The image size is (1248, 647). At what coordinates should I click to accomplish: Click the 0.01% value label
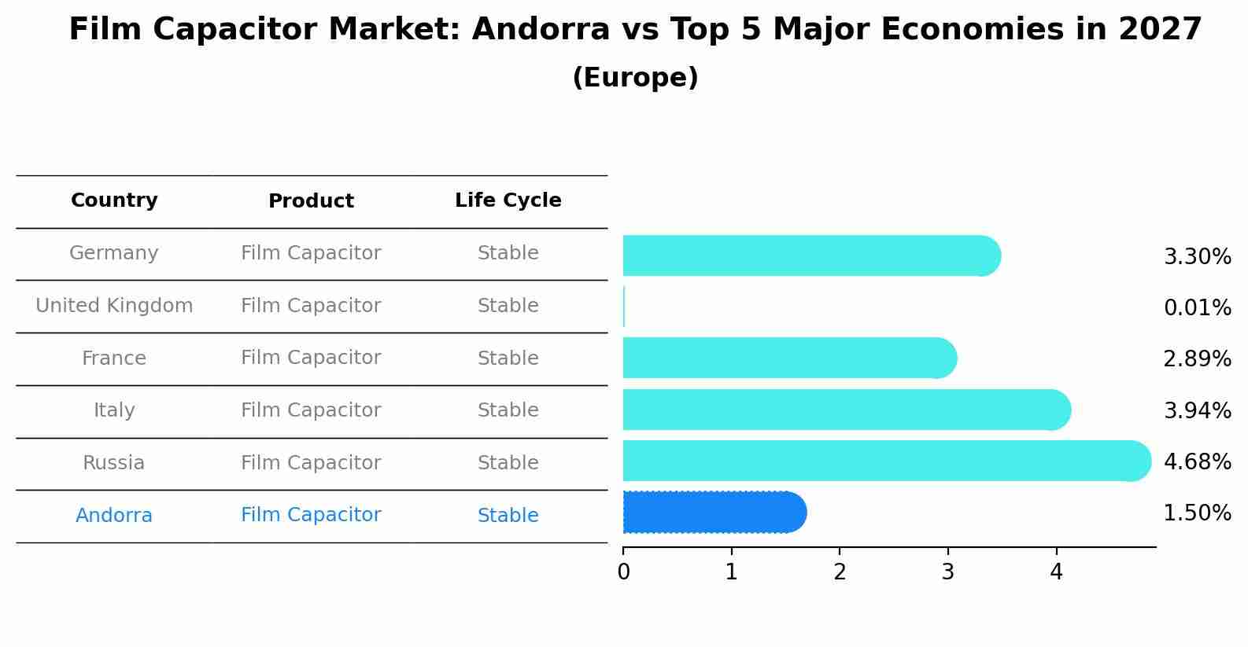(x=1197, y=308)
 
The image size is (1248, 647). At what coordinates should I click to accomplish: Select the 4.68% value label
(x=1197, y=461)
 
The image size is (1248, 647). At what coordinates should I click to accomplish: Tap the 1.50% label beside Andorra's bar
(x=1197, y=513)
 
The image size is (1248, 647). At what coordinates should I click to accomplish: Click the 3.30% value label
(x=1197, y=257)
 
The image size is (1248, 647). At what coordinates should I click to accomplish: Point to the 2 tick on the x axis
(x=840, y=572)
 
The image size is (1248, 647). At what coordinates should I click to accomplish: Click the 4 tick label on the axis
(x=1056, y=572)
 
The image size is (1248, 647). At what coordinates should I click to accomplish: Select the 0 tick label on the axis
(x=623, y=572)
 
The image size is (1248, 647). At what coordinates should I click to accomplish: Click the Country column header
(x=114, y=200)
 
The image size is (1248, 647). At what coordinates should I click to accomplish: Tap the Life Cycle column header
(x=508, y=200)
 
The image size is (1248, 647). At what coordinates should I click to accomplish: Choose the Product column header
(x=311, y=201)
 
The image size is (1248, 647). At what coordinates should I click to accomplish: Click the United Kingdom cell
(x=114, y=306)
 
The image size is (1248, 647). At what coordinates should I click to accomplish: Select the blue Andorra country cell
(x=114, y=516)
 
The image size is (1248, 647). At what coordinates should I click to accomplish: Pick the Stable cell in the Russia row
(x=508, y=463)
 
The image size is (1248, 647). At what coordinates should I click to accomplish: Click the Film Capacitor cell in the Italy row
(x=311, y=410)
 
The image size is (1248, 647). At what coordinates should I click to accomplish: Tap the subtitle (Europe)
(x=635, y=78)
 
